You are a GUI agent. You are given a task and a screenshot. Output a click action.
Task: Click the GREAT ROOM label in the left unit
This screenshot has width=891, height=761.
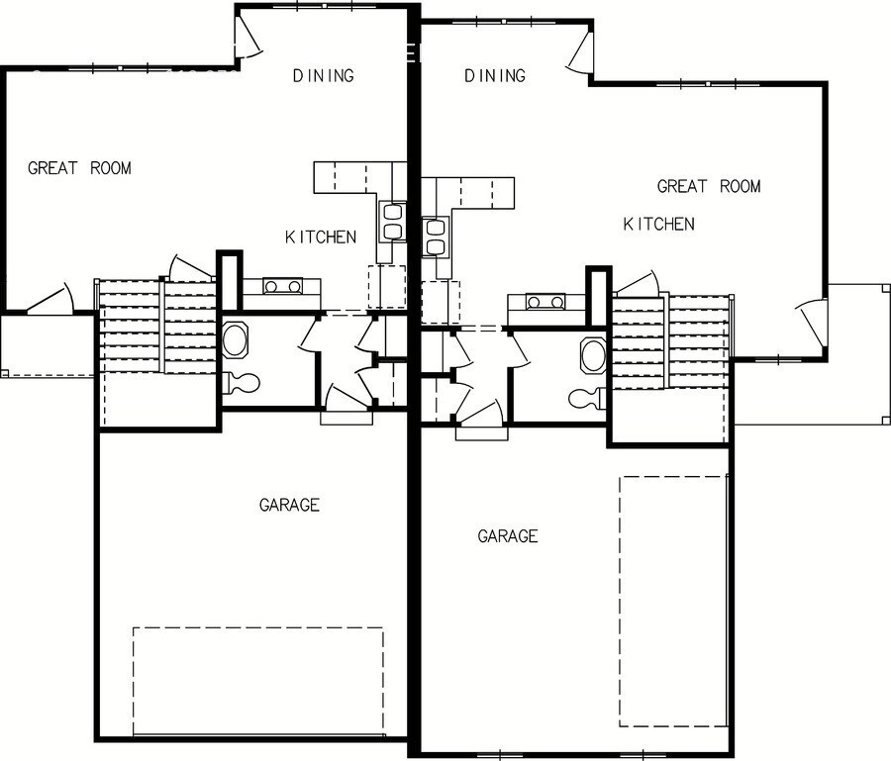coord(79,168)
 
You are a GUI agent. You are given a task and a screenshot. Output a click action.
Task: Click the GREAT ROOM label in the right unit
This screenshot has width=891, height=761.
coord(709,186)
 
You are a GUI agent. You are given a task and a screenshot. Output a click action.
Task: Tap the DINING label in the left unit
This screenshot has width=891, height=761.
coord(324,76)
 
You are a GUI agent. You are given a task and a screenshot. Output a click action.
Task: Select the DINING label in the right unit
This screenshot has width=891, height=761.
coord(494,76)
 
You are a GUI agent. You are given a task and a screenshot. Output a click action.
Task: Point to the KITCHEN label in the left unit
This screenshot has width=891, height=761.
coord(321,238)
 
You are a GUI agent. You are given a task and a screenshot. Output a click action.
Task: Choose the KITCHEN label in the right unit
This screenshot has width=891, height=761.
coord(658,225)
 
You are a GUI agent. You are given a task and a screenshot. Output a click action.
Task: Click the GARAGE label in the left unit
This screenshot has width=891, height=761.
coord(289,506)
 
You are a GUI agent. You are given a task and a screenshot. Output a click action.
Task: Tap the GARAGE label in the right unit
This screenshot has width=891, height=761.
coord(508,536)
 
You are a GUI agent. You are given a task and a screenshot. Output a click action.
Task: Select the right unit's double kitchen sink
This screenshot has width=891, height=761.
coord(435,237)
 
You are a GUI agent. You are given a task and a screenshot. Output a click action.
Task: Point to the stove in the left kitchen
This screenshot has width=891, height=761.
coord(283,287)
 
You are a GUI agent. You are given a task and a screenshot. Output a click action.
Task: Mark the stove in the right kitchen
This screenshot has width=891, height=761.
coord(545,302)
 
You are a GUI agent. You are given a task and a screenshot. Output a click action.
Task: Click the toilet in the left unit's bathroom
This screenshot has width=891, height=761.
coord(242,382)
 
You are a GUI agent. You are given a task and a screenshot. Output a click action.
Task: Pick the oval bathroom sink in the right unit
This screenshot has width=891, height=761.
coord(592,354)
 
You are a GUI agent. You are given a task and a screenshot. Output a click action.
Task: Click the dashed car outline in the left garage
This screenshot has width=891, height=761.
coord(257,681)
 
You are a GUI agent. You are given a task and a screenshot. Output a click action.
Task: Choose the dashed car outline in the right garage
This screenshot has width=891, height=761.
coord(673,601)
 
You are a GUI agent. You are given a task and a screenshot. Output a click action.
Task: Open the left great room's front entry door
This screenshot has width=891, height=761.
coord(49,300)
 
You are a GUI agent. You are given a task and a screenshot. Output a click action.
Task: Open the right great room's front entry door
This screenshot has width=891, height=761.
coord(812,317)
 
